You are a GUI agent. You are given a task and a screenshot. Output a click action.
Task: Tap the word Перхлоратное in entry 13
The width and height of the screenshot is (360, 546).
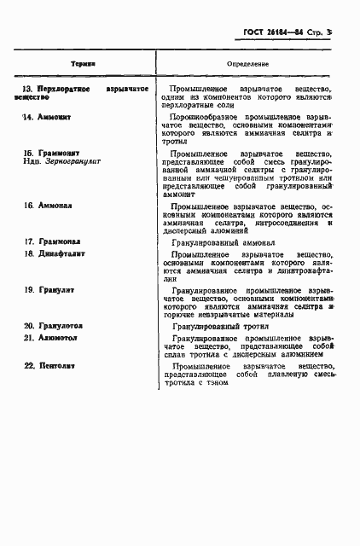[67, 89]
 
